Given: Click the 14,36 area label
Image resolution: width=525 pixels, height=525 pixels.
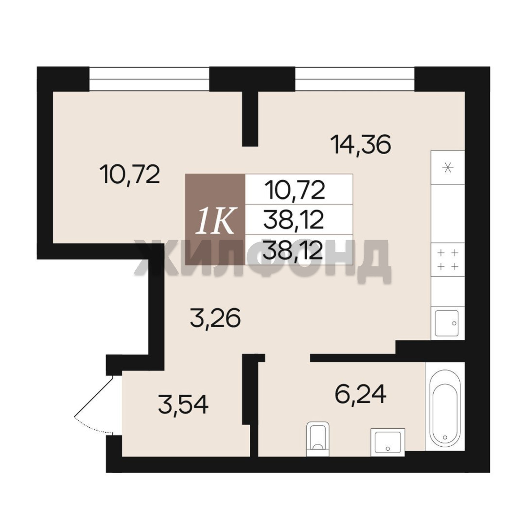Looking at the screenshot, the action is point(361,145).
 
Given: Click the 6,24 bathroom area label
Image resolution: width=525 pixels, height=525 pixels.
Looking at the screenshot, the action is point(361,394).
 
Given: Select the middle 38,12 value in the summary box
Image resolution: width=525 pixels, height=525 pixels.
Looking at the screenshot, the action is point(294,220).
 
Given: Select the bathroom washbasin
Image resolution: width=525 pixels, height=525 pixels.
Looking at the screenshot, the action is point(388,442).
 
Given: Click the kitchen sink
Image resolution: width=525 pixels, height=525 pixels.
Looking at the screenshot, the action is point(447,323).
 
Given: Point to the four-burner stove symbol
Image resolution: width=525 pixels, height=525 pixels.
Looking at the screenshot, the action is point(448,260).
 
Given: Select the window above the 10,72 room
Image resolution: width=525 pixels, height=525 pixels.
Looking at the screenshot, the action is point(149,79).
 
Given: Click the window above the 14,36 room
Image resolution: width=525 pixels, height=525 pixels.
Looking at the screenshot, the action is point(355,79).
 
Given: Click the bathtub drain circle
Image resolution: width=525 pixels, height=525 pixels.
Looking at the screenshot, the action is point(445,437).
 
